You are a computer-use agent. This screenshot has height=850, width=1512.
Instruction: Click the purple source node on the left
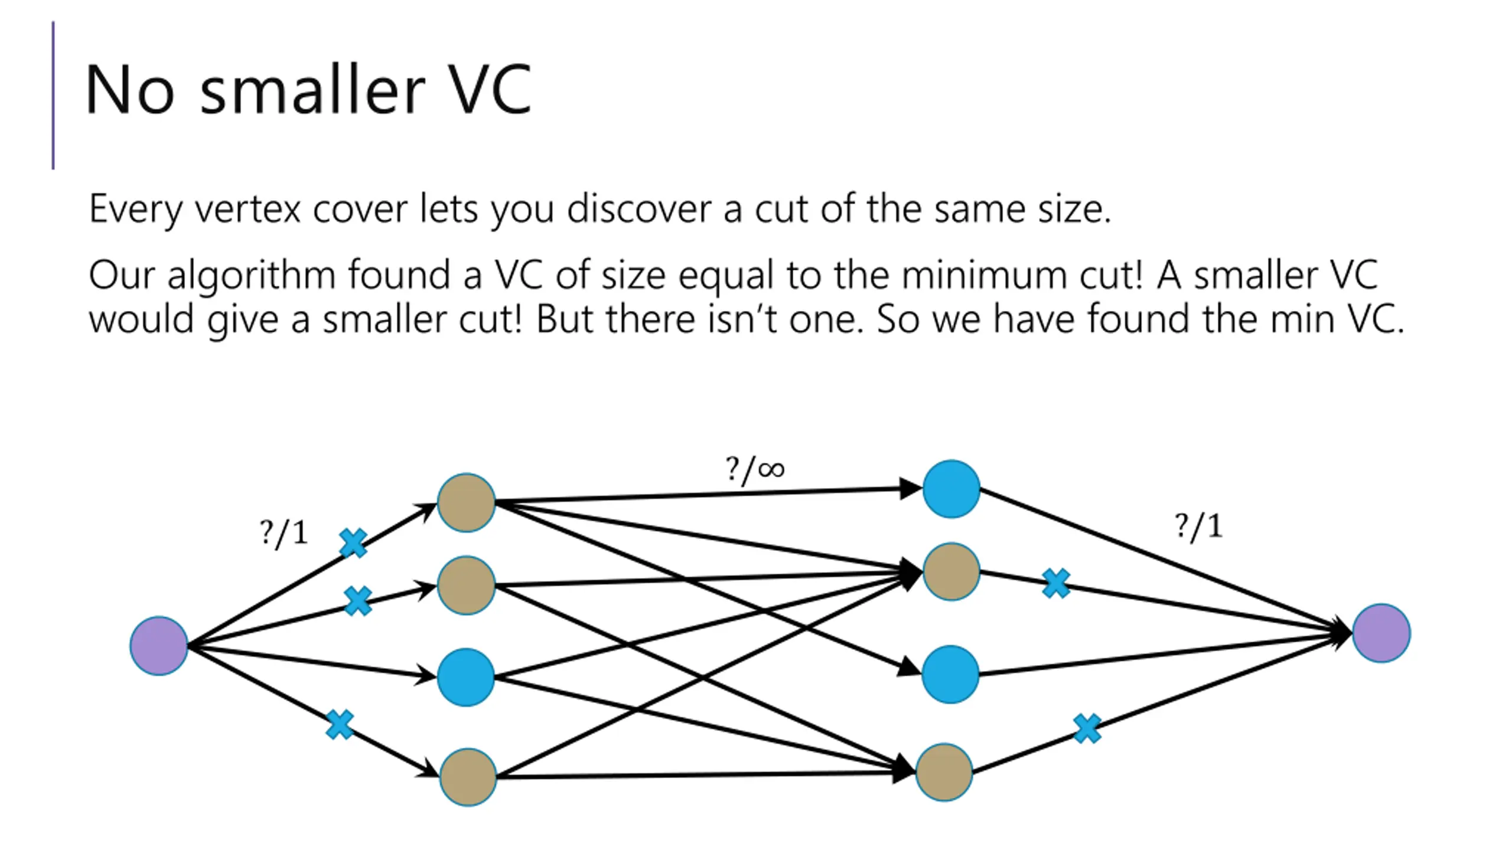[159, 646]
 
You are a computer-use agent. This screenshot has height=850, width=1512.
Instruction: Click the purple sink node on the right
[1381, 633]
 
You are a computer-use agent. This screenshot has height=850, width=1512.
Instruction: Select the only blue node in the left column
[466, 677]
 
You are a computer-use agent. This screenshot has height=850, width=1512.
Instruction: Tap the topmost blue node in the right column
[951, 489]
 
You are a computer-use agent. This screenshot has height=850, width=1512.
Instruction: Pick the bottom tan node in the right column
[944, 772]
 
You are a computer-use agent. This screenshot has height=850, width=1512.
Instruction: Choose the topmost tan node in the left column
[466, 502]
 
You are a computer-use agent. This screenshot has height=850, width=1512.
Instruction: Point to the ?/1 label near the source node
[283, 533]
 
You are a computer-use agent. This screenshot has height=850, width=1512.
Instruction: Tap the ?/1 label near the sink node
[1198, 526]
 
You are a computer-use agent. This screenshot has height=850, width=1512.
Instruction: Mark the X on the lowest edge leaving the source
[340, 724]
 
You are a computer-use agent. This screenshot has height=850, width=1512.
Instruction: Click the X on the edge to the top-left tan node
[353, 543]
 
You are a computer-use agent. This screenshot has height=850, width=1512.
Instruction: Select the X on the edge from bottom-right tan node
[1087, 729]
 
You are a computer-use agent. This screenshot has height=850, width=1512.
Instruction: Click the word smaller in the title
[312, 90]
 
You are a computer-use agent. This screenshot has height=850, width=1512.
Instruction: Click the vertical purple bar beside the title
[53, 96]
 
